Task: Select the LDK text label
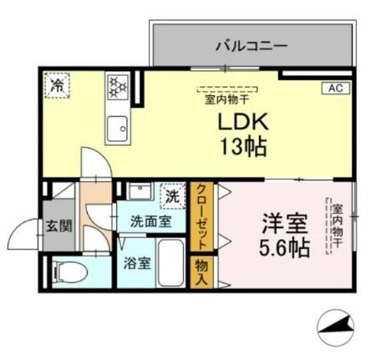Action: click(x=241, y=123)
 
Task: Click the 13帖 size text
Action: click(x=243, y=149)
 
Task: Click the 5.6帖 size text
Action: click(x=284, y=248)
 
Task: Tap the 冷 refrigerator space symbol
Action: click(x=58, y=84)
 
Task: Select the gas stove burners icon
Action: click(x=115, y=84)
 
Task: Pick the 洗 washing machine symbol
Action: click(x=172, y=198)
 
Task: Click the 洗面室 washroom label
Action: click(x=151, y=222)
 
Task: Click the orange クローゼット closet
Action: click(x=202, y=215)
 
